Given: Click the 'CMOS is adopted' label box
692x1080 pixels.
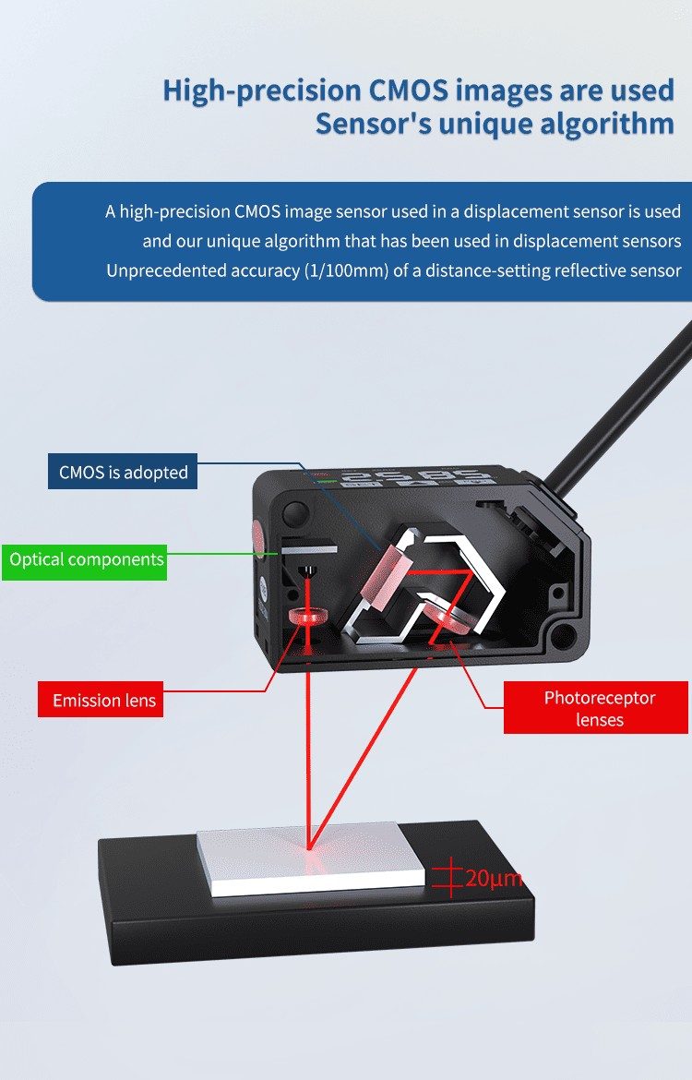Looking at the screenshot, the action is pyautogui.click(x=123, y=472).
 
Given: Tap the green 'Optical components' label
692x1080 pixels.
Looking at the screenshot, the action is pyautogui.click(x=85, y=559).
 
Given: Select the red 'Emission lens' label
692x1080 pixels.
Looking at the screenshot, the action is pyautogui.click(x=101, y=700).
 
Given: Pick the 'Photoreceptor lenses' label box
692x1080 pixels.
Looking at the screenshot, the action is pyautogui.click(x=596, y=708).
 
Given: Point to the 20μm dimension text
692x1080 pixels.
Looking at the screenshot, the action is pyautogui.click(x=494, y=878).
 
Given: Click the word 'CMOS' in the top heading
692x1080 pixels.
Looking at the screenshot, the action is pyautogui.click(x=407, y=90).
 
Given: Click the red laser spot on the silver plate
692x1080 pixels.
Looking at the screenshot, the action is pyautogui.click(x=310, y=846).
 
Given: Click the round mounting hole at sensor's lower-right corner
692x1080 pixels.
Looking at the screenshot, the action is pyautogui.click(x=565, y=633).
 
